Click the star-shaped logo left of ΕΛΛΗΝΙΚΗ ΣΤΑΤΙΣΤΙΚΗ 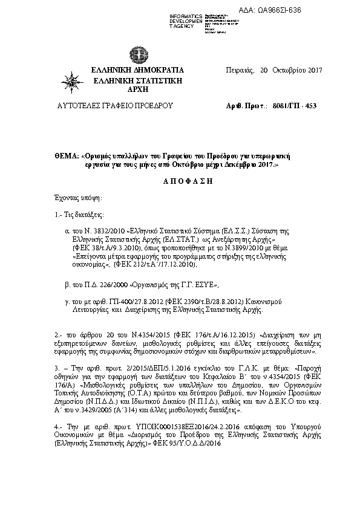click(72, 80)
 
